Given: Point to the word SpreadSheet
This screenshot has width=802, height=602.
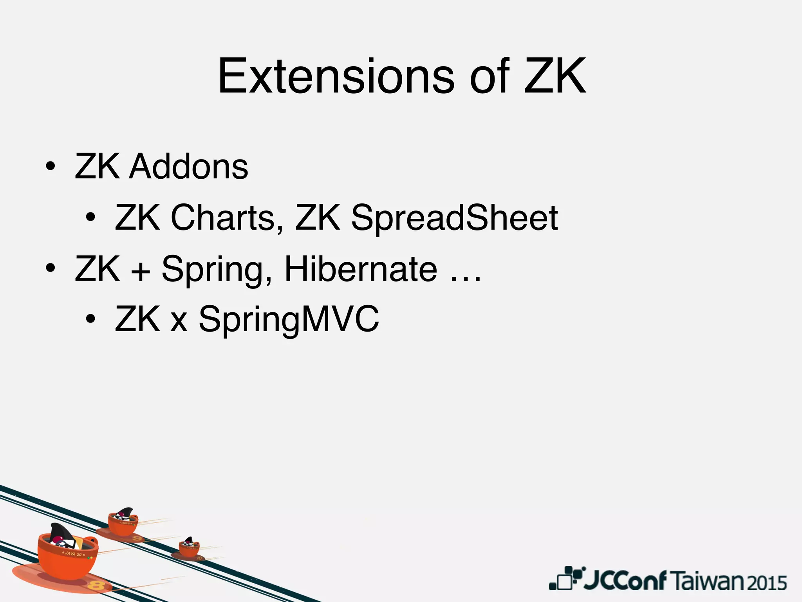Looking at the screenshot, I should [x=454, y=218].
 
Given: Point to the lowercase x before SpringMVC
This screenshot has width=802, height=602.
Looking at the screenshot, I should [x=179, y=321].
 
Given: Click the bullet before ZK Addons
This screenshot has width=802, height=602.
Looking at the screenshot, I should [x=50, y=167].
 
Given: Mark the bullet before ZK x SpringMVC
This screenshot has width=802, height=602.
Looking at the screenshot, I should [x=90, y=319].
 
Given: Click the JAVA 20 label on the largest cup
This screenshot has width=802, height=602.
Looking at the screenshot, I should [x=73, y=554].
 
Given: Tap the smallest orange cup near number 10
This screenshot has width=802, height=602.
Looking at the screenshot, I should [x=189, y=548].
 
